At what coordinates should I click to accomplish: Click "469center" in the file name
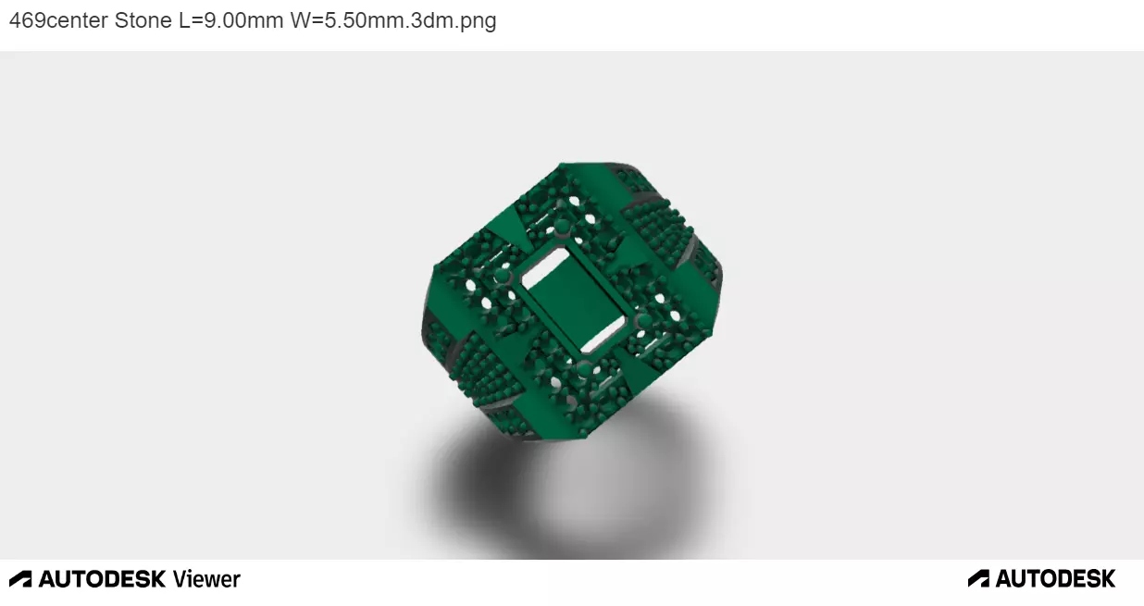tap(57, 20)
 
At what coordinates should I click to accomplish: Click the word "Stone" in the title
tap(143, 20)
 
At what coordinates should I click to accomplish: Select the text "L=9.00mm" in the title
tap(230, 20)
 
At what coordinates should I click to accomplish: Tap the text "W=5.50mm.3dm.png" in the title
tap(393, 20)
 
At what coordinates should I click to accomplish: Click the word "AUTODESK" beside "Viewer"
tap(103, 579)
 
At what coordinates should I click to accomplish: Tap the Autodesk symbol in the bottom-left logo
tap(20, 579)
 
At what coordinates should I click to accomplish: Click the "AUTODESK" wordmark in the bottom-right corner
tap(1055, 579)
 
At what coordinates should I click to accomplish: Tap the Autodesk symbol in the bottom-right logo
tap(978, 579)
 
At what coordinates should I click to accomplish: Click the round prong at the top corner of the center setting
tap(561, 226)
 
